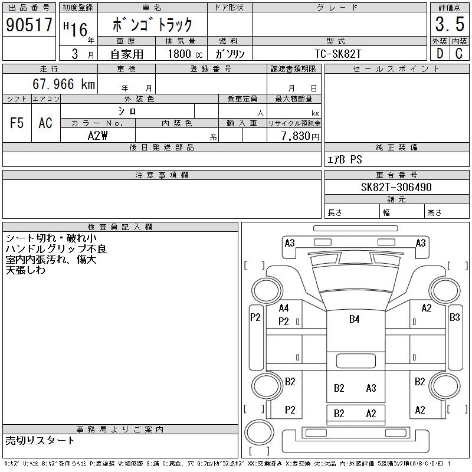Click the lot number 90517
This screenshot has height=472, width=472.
click(29, 25)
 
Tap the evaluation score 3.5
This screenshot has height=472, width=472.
click(450, 24)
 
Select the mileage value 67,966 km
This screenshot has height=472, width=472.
click(64, 84)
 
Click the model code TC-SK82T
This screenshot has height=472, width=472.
click(337, 54)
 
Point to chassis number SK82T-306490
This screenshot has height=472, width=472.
click(396, 187)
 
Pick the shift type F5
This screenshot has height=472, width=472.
click(17, 123)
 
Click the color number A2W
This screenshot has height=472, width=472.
click(97, 136)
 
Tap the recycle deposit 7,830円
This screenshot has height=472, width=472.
click(300, 136)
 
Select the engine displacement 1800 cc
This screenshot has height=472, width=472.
click(185, 54)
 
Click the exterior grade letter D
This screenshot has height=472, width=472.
click(440, 54)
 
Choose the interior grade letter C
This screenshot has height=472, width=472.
click(459, 54)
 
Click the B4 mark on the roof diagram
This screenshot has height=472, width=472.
click(355, 319)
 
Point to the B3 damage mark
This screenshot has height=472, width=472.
click(454, 317)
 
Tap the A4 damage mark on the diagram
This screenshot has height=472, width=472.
click(284, 308)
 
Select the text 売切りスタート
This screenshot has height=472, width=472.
click(40, 441)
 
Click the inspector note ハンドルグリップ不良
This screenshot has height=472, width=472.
click(56, 249)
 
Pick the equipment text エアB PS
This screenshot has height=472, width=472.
click(345, 159)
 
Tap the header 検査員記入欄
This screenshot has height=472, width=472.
click(120, 227)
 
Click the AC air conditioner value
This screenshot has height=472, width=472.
click(45, 123)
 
